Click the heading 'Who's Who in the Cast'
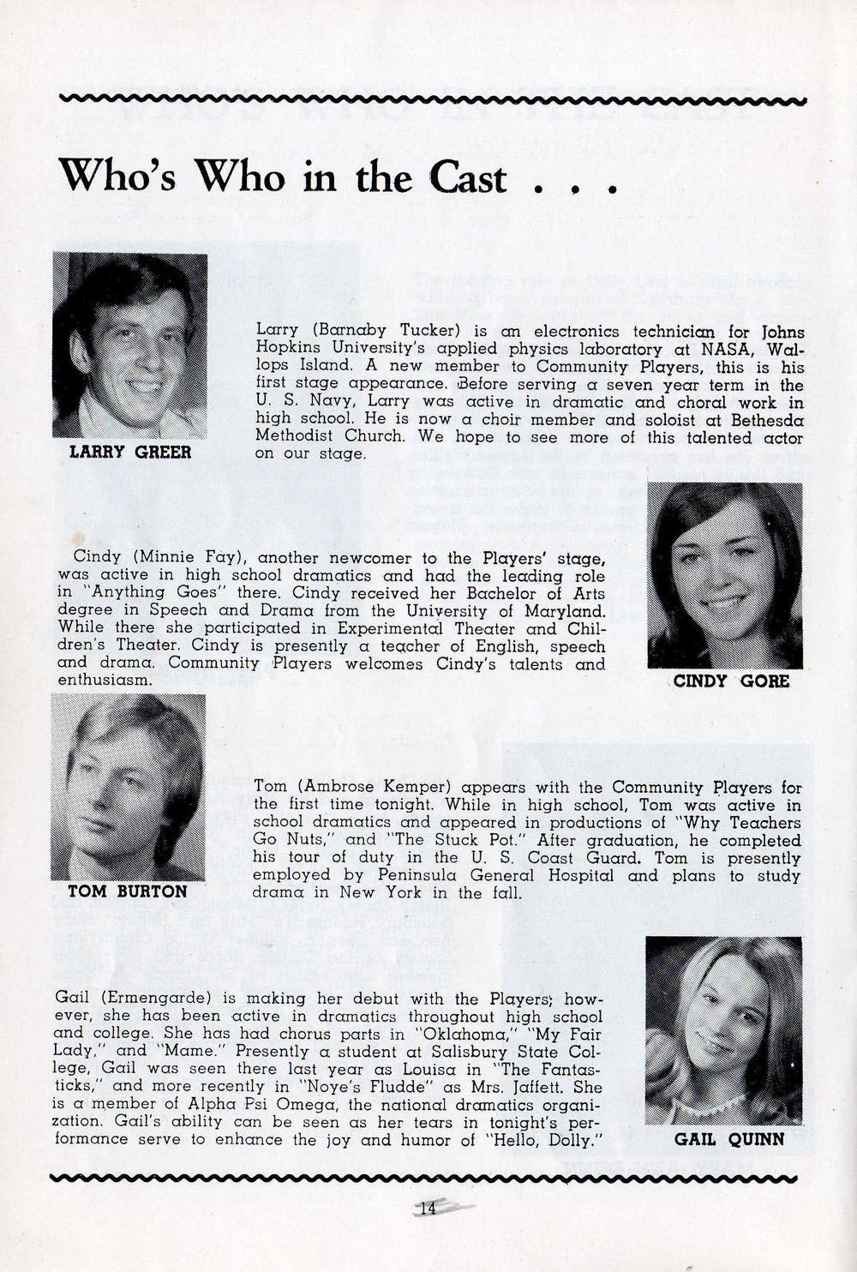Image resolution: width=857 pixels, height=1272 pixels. (x=283, y=177)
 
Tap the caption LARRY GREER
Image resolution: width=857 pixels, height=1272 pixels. (x=130, y=452)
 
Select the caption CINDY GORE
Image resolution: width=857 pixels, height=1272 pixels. (x=731, y=681)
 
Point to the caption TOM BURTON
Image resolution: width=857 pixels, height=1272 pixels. (x=127, y=891)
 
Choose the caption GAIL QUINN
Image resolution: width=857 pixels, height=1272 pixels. (x=728, y=1139)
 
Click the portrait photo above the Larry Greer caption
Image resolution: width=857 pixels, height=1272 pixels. (x=130, y=345)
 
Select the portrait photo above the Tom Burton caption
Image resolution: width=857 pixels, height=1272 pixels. (x=128, y=786)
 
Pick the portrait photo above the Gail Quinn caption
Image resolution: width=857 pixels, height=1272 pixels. (x=723, y=1029)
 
